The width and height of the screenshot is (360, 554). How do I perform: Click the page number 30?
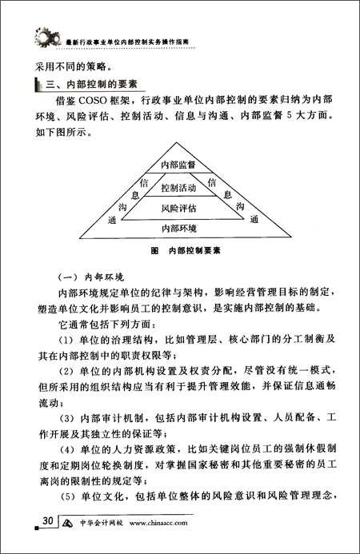click(48, 521)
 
